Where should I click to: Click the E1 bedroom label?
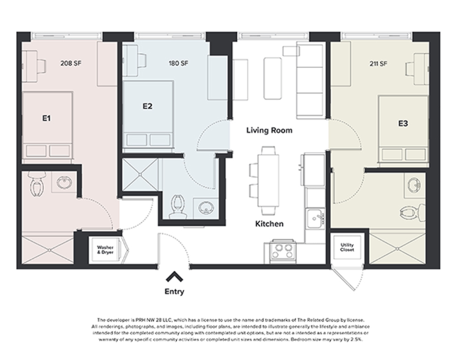tap(46, 118)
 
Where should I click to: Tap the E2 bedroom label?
tap(148, 107)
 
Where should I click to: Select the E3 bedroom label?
tap(402, 123)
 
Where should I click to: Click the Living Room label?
tap(269, 131)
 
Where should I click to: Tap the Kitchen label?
tap(269, 223)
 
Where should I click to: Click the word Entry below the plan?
tap(175, 291)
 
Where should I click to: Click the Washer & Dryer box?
tap(105, 249)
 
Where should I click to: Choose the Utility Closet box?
tap(347, 248)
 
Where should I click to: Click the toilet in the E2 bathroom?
tap(178, 206)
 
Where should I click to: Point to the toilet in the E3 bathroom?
tap(414, 210)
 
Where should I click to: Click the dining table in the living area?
tap(269, 180)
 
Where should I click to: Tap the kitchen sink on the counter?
tap(314, 218)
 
